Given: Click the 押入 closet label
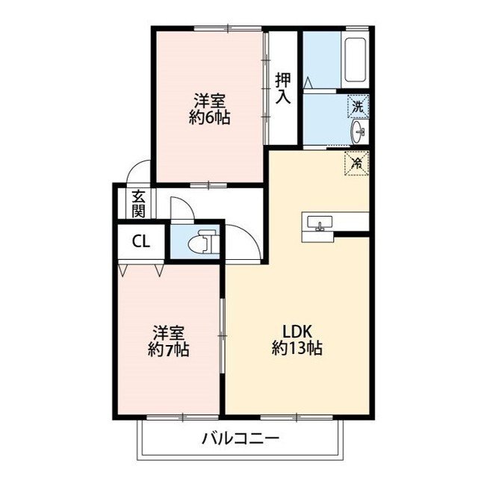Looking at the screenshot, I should (282, 87).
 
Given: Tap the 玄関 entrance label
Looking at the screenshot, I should (139, 203).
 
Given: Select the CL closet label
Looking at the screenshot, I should (140, 240).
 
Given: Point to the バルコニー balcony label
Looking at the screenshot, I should (240, 438).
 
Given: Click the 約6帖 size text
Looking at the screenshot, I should (209, 117).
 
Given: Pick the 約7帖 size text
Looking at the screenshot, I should (168, 348).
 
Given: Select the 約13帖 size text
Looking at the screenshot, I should (297, 349).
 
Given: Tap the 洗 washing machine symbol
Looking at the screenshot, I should (358, 107).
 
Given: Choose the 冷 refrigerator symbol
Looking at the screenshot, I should (357, 161).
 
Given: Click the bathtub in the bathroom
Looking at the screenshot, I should (356, 60).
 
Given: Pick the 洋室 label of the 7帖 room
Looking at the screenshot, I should (168, 332).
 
